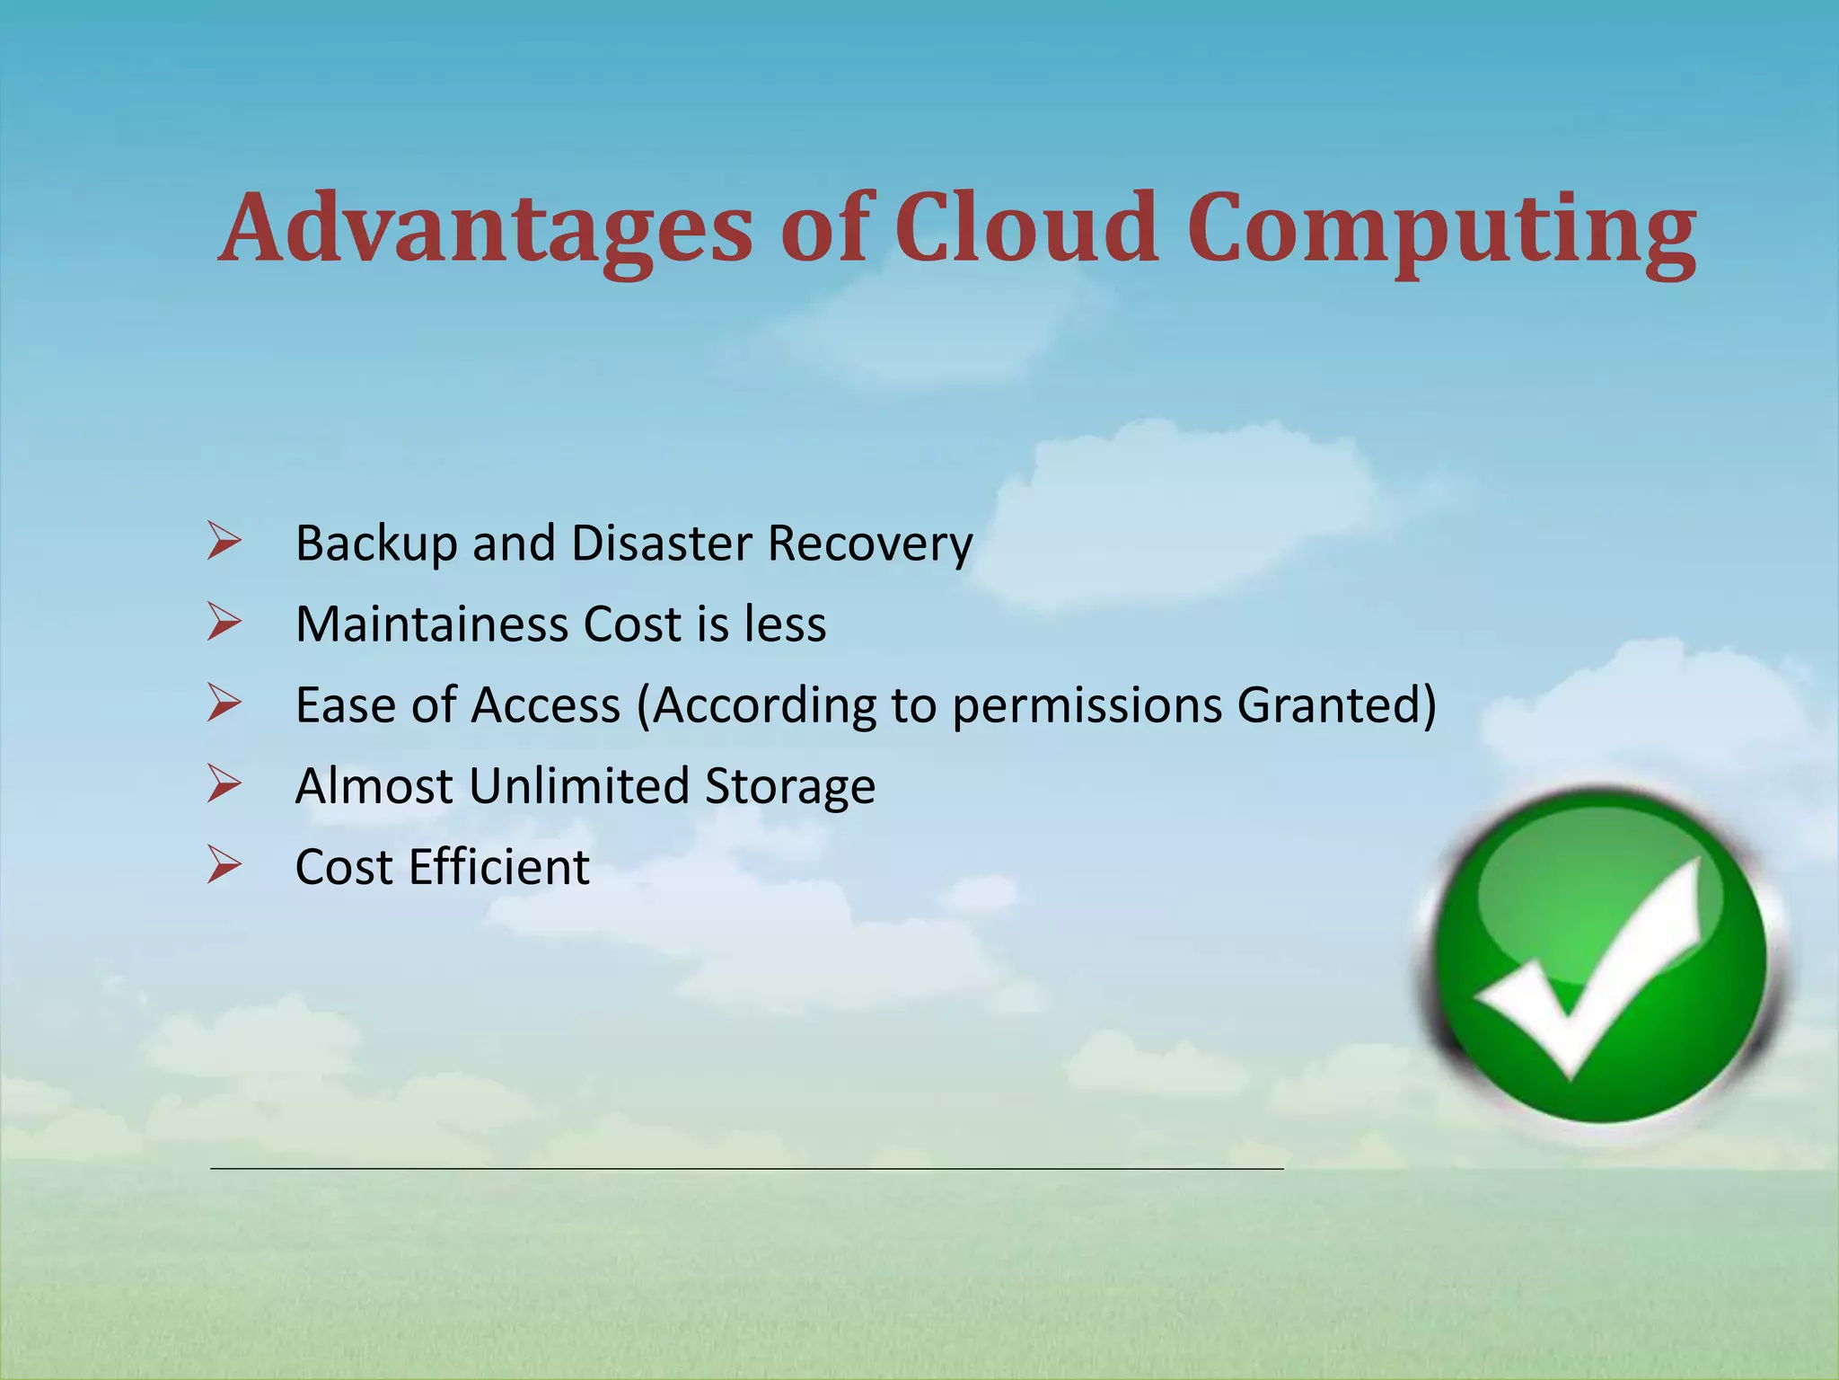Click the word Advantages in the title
[485, 229]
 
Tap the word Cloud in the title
[1025, 229]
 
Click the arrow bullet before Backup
[224, 542]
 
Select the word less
[785, 624]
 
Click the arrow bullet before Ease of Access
[224, 703]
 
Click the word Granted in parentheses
[1329, 705]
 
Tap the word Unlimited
[578, 786]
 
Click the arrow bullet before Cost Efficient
[224, 865]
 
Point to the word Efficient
[499, 867]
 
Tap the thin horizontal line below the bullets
[745, 1168]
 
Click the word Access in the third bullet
[546, 705]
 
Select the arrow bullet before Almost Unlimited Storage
[224, 784]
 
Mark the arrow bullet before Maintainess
[224, 623]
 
